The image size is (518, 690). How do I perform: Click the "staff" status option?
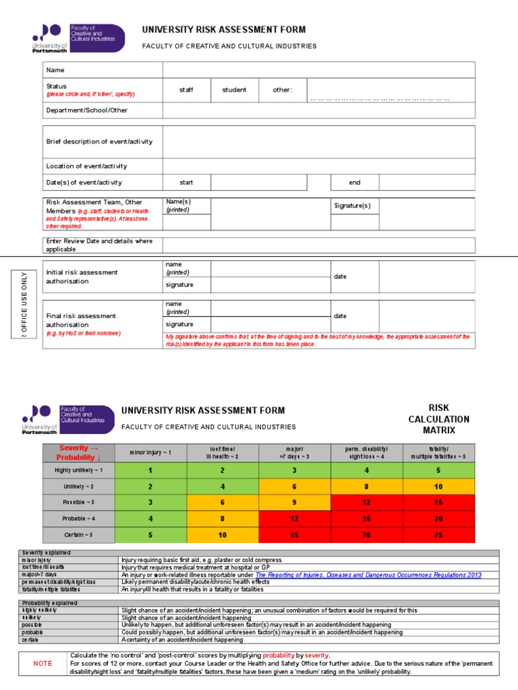pyautogui.click(x=186, y=90)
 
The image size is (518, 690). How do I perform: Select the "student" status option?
pyautogui.click(x=234, y=90)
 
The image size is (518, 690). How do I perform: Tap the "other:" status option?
pyautogui.click(x=282, y=90)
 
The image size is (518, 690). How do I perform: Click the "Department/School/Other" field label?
pyautogui.click(x=86, y=111)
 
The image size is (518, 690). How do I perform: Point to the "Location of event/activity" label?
pyautogui.click(x=86, y=166)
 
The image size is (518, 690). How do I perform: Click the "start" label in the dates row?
pyautogui.click(x=186, y=183)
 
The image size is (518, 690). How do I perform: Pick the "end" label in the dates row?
pyautogui.click(x=354, y=183)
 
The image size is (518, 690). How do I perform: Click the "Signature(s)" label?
pyautogui.click(x=353, y=206)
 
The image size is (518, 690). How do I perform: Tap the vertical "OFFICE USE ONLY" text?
pyautogui.click(x=24, y=303)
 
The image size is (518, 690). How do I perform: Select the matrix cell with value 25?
pyautogui.click(x=438, y=534)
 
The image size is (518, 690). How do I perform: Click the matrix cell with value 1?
pyautogui.click(x=150, y=470)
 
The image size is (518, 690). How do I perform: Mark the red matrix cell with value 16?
pyautogui.click(x=366, y=518)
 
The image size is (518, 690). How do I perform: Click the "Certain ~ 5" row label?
pyautogui.click(x=79, y=534)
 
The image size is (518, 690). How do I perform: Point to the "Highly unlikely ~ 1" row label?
pyautogui.click(x=79, y=470)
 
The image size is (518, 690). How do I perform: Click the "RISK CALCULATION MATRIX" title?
pyautogui.click(x=438, y=419)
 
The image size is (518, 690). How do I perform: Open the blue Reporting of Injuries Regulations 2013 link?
pyautogui.click(x=368, y=575)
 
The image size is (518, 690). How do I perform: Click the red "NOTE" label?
pyautogui.click(x=42, y=663)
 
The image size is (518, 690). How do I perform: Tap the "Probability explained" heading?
pyautogui.click(x=49, y=603)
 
